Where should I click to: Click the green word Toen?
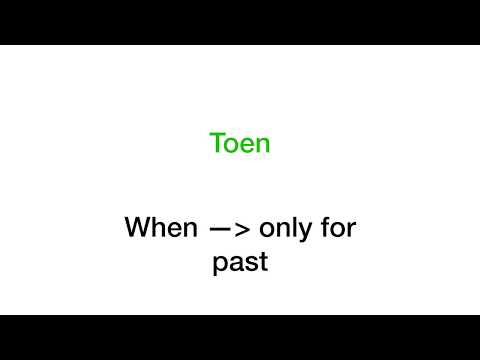240,143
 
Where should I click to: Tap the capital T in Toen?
217,143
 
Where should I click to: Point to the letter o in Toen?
231,145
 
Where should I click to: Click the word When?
161,228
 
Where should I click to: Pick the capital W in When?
137,228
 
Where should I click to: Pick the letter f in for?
329,227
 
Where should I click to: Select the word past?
240,265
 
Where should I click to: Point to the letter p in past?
220,267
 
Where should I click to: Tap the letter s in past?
250,265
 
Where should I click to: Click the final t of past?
263,264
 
